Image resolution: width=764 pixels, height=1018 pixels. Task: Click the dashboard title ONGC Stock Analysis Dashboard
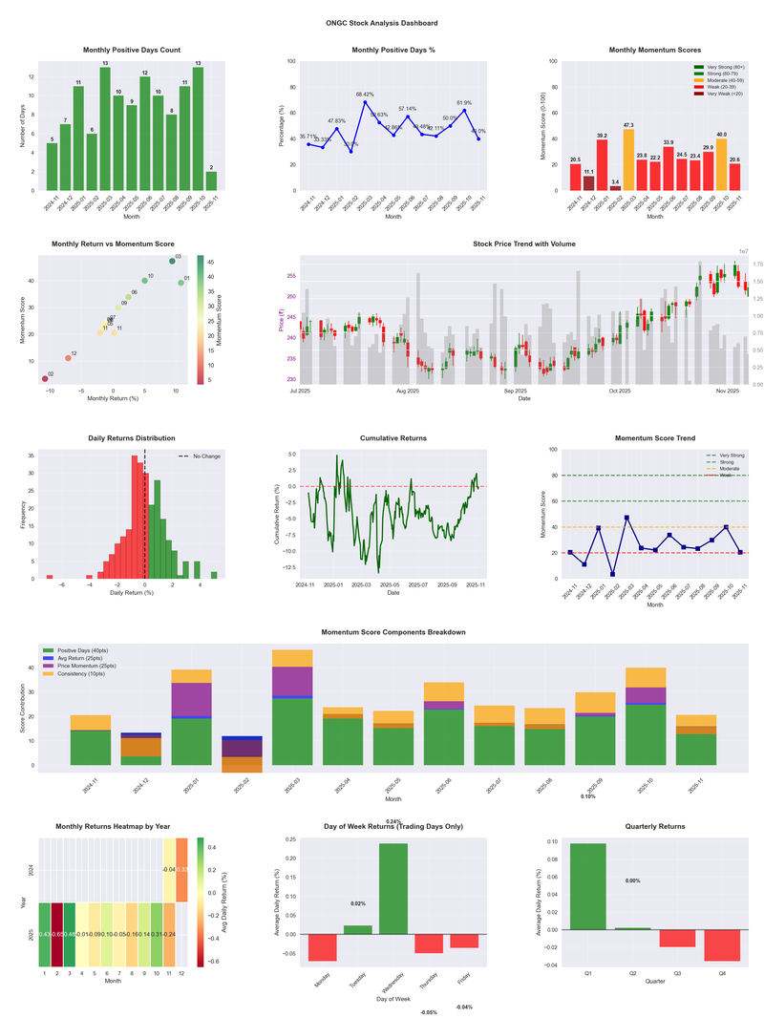[382, 23]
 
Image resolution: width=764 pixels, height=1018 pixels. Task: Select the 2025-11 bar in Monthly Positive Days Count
[210, 181]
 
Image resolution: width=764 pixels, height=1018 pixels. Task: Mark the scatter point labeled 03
[172, 261]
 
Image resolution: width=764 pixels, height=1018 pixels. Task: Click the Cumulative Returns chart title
[393, 438]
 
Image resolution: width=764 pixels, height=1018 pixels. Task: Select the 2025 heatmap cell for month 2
[57, 935]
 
